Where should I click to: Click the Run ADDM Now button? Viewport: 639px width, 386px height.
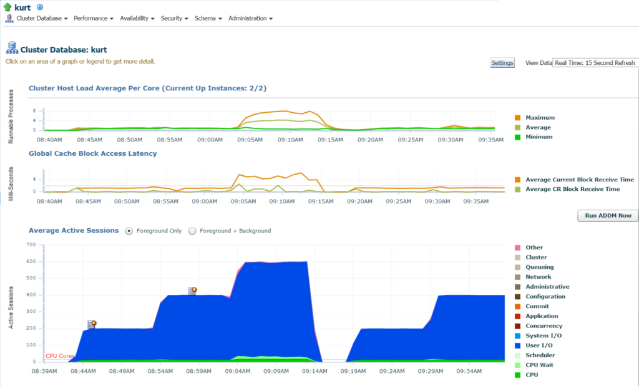608,215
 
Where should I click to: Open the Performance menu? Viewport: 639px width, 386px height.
94,18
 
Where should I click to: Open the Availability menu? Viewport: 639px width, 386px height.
137,18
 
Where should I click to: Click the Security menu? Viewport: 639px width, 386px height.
175,18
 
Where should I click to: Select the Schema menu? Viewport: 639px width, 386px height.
208,18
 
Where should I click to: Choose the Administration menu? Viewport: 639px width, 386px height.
250,18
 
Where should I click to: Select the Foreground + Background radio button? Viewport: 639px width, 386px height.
192,231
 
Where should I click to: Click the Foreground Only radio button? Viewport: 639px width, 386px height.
129,231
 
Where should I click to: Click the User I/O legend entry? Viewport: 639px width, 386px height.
534,345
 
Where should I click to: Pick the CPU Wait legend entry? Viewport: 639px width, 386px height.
534,365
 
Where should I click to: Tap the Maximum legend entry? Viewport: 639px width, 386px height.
535,118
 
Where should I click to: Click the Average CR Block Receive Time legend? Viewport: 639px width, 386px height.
567,189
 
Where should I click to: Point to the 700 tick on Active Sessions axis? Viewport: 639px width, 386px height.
31,244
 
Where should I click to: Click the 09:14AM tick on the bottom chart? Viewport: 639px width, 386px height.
315,371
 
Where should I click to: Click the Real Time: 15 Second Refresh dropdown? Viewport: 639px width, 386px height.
595,63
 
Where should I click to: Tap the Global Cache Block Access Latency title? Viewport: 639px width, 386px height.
92,153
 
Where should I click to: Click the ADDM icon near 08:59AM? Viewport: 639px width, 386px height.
192,291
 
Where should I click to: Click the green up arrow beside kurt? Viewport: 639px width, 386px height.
7,7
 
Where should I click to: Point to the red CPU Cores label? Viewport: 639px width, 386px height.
60,356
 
